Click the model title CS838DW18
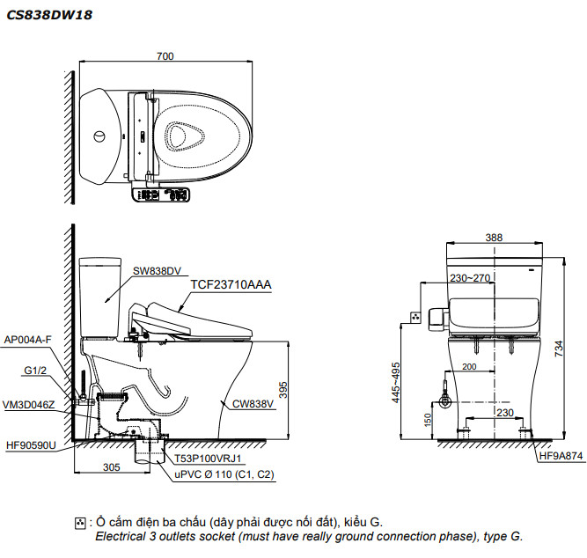click(50, 15)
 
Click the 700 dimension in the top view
click(165, 55)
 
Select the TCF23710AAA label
click(231, 284)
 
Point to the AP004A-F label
click(28, 338)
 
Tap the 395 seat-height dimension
click(283, 388)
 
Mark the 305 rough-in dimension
click(110, 467)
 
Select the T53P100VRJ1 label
click(208, 459)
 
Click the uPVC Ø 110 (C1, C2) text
click(224, 474)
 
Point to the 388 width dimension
click(494, 237)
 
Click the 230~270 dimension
click(470, 278)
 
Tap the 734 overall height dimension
click(558, 348)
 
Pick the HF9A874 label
click(561, 456)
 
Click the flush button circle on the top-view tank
click(99, 137)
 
